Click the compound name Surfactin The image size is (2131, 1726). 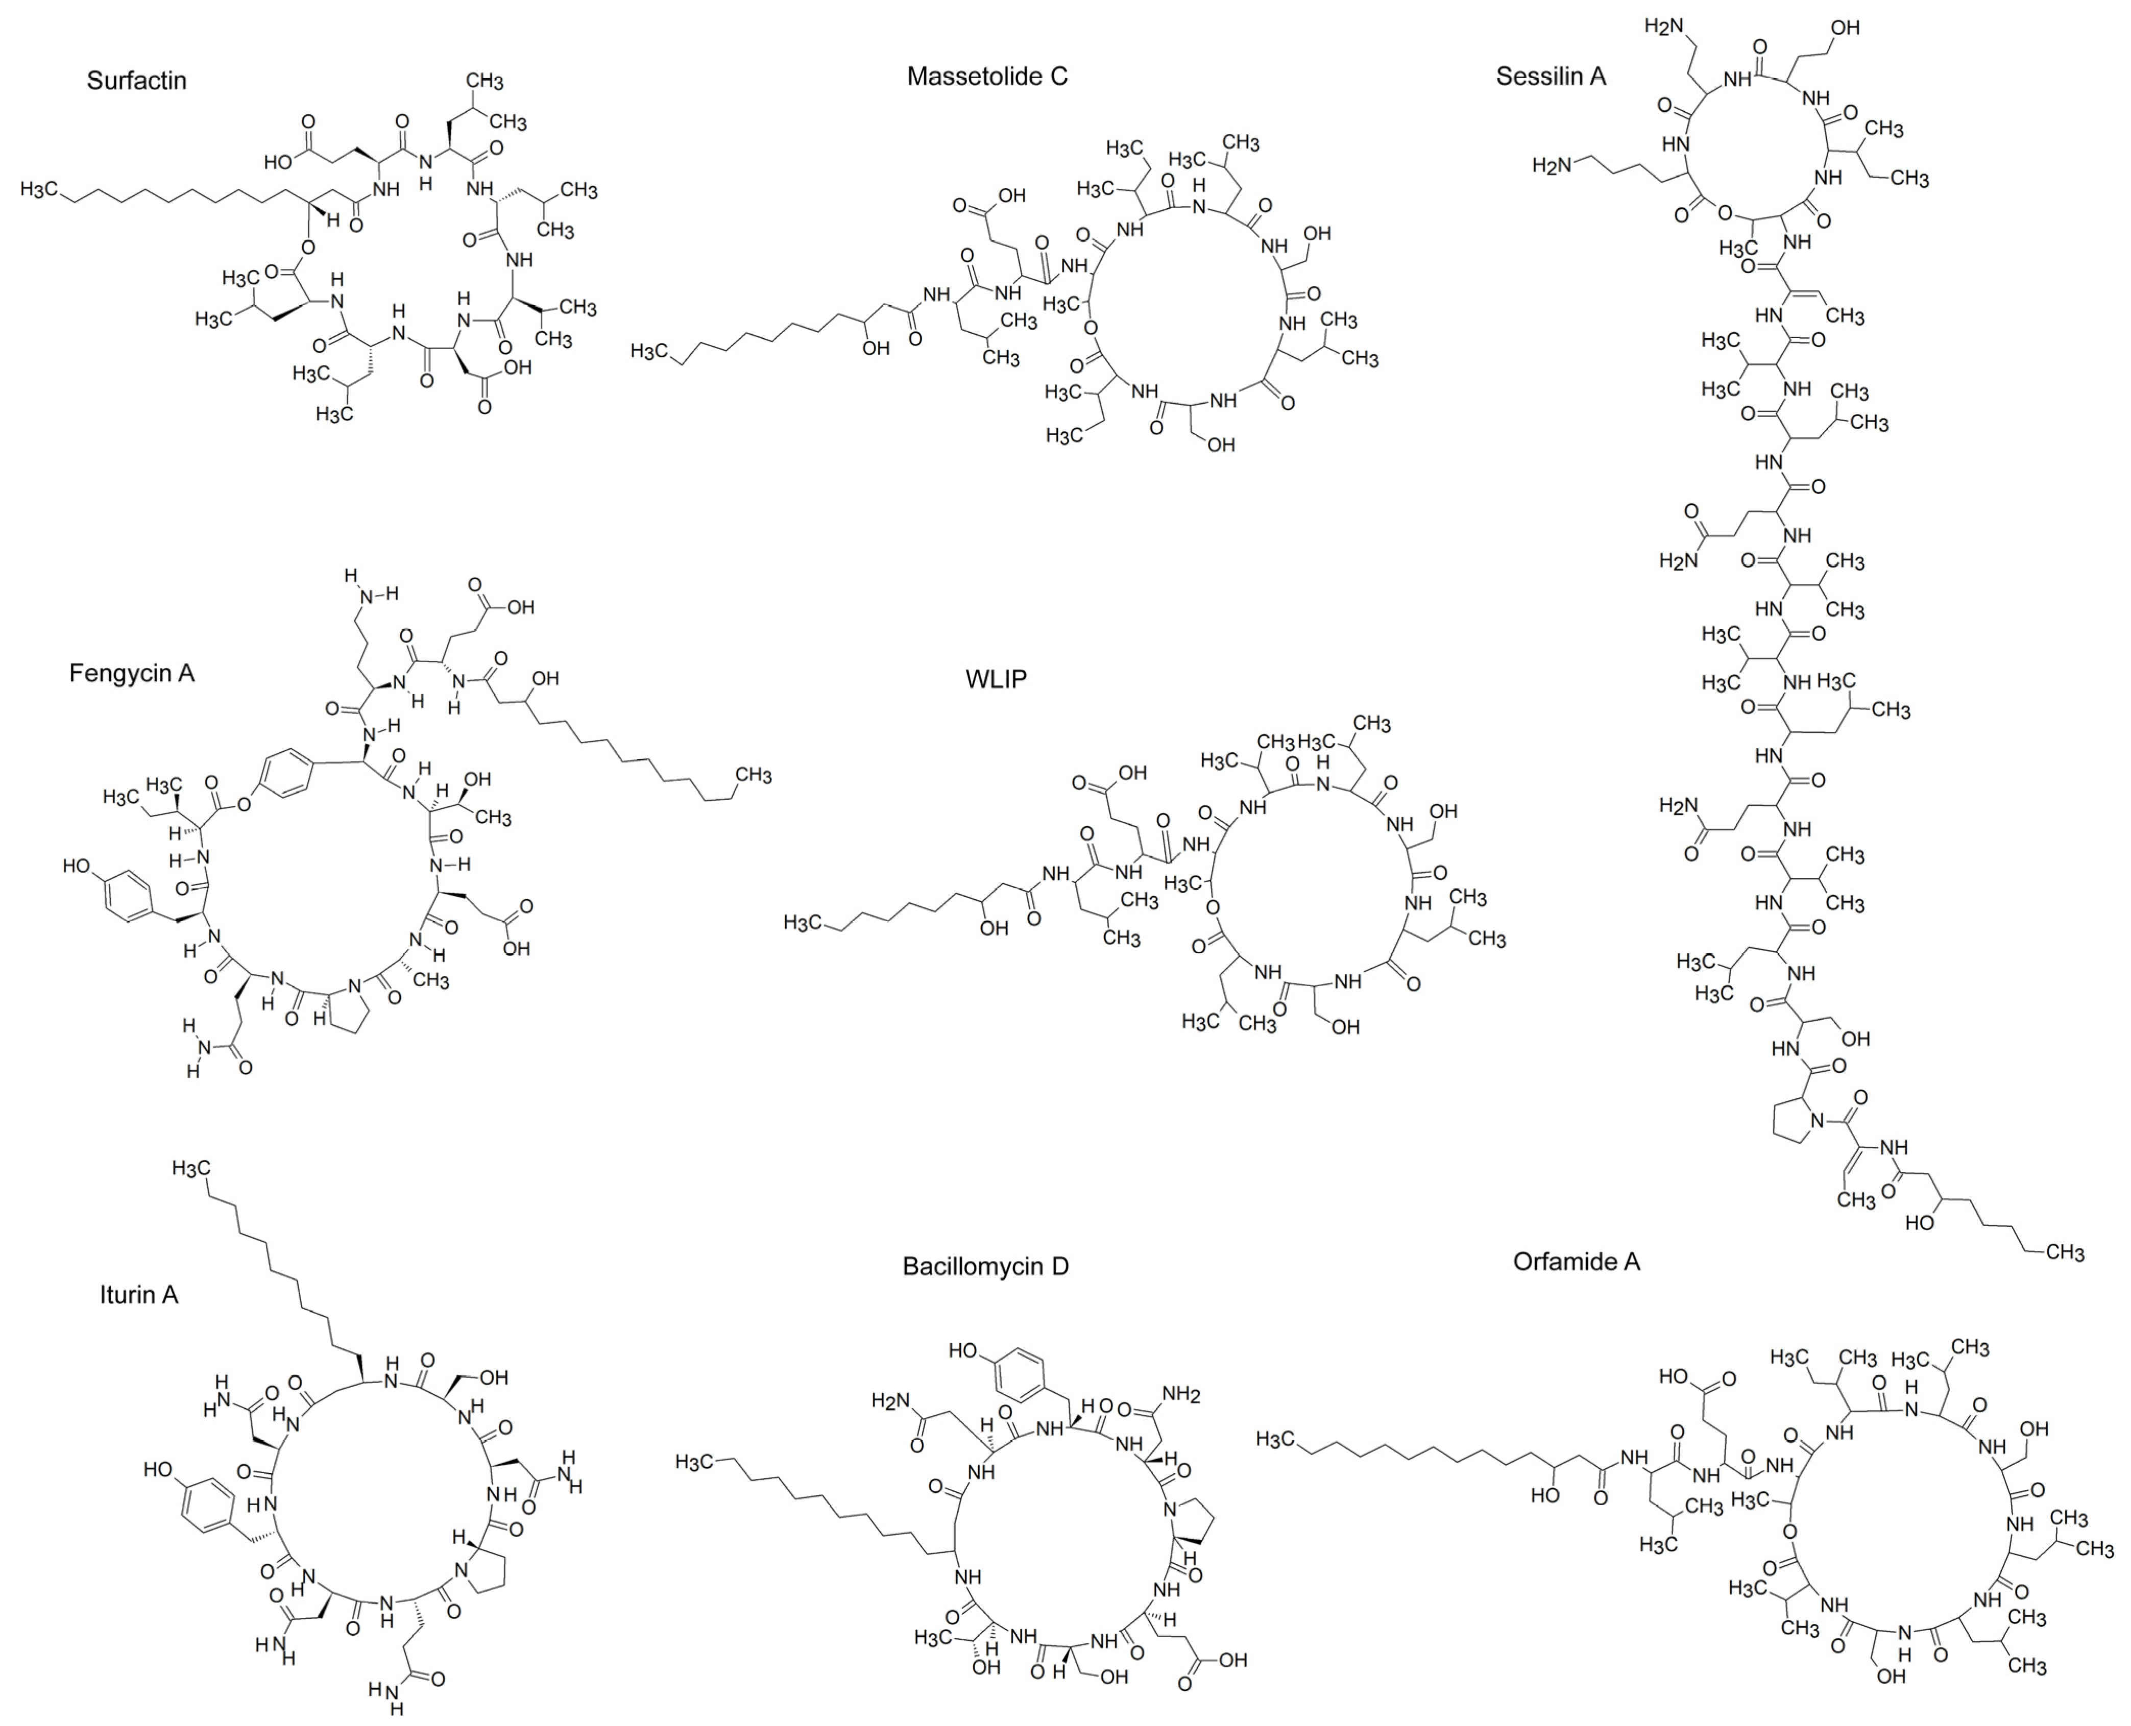tap(136, 81)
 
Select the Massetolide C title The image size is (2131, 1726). tap(986, 77)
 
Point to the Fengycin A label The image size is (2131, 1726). tap(131, 673)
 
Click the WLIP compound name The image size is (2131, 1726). tap(996, 679)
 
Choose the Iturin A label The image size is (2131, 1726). tap(138, 1294)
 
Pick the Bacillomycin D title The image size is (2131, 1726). tap(985, 1266)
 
